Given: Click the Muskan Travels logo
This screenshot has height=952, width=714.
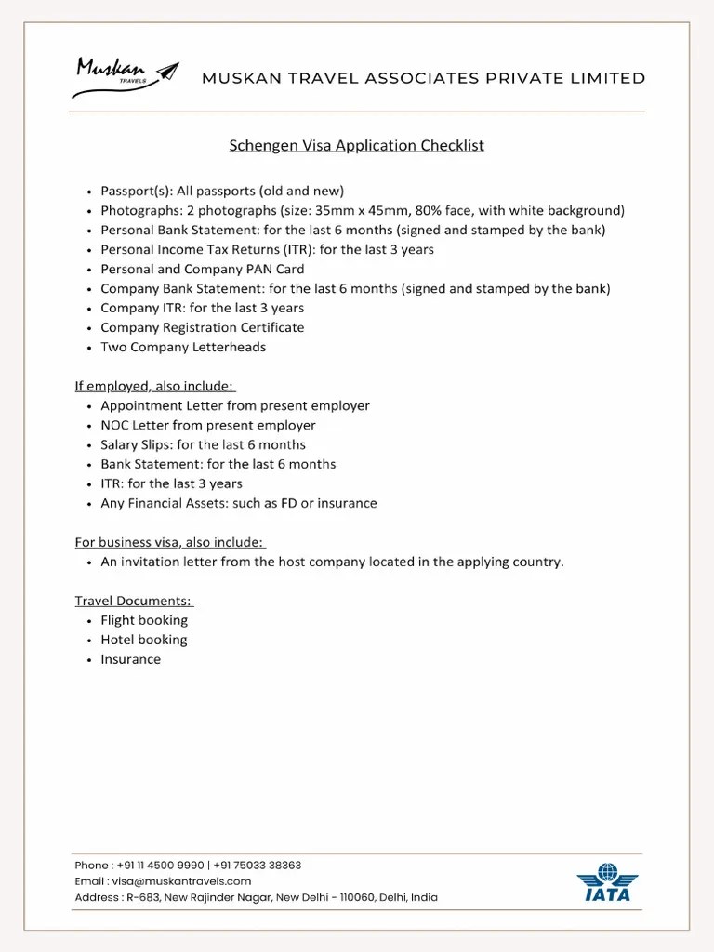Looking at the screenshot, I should coord(125,77).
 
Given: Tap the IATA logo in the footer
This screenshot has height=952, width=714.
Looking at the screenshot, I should coord(607,882).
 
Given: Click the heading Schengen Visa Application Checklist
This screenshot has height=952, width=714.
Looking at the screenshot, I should coord(357,145).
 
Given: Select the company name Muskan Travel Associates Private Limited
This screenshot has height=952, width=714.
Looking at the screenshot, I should coord(423,78).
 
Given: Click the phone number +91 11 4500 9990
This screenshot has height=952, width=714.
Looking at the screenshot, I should coord(161,865).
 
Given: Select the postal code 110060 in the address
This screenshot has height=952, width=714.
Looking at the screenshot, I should coord(351,897).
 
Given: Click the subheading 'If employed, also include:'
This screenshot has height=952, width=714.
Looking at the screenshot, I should coord(154,386).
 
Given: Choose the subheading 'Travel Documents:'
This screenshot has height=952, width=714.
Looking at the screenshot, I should coord(134,601).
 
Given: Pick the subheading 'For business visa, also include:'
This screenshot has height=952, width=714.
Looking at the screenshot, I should coord(170,542).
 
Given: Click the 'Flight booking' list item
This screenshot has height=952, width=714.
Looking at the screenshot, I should coord(144,620).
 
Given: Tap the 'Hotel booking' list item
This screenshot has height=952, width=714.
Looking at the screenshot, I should coord(144,640).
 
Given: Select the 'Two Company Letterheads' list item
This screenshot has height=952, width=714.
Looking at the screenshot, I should coord(183,347).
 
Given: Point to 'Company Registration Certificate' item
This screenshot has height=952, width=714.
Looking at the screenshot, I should coord(202,327).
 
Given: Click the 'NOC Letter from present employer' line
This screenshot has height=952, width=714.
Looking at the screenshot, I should coord(208,425).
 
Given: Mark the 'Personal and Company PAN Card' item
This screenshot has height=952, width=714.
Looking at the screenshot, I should coord(202,269).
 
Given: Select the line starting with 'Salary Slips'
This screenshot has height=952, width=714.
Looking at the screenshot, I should coord(203,444).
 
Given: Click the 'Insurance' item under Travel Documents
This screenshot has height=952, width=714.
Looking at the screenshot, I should coord(131,659).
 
